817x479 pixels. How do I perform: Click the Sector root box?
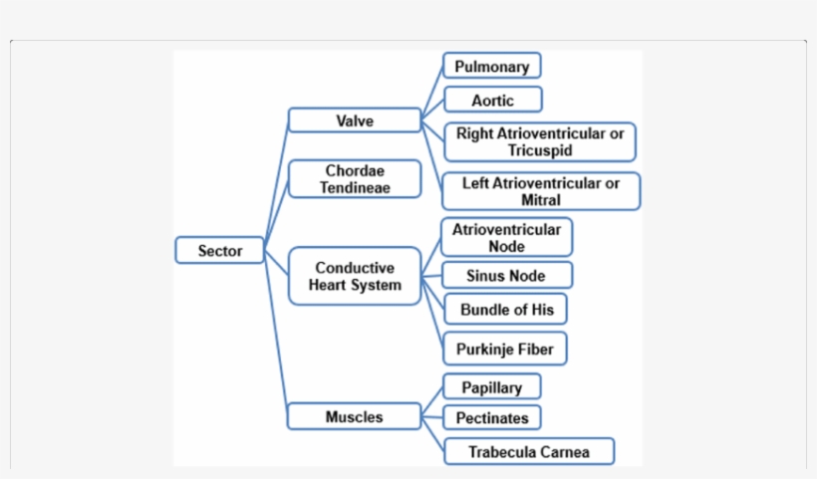(219, 250)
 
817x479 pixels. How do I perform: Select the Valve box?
(354, 120)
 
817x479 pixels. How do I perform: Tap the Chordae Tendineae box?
(354, 179)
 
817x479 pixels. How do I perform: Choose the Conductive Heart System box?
(354, 276)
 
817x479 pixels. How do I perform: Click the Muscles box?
(354, 416)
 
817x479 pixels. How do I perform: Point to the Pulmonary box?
(491, 67)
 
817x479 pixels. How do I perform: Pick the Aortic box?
(492, 100)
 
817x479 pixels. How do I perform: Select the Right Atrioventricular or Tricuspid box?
(539, 141)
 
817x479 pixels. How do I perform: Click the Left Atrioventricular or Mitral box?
(540, 191)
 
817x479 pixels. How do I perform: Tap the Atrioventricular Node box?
(506, 237)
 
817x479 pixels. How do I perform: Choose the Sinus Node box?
(506, 275)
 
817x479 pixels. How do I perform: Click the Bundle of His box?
(506, 310)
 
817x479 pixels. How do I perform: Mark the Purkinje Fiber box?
(505, 349)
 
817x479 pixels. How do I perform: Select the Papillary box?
(491, 387)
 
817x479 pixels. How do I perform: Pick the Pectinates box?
(491, 417)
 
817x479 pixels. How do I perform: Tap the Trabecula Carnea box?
(528, 451)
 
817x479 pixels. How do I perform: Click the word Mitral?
(540, 199)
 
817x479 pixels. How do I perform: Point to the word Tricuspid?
(539, 150)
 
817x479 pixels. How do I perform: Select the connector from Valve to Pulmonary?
(431, 94)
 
